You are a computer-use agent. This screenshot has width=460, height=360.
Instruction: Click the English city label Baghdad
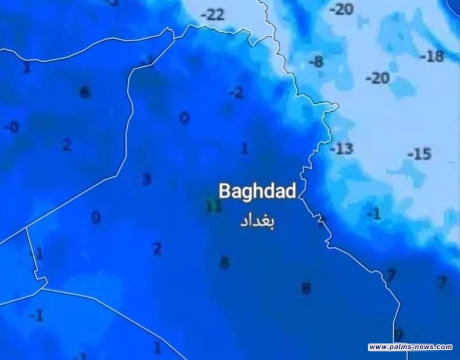pyautogui.click(x=257, y=191)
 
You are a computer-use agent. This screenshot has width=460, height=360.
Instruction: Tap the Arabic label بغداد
pyautogui.click(x=257, y=221)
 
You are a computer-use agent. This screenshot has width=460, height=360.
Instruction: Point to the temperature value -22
pyautogui.click(x=212, y=15)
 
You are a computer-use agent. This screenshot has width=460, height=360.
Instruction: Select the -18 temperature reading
pyautogui.click(x=431, y=56)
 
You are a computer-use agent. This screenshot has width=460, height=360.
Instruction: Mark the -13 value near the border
pyautogui.click(x=341, y=149)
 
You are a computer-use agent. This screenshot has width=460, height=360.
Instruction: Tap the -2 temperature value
pyautogui.click(x=236, y=92)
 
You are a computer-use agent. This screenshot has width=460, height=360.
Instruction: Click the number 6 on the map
pyautogui.click(x=84, y=92)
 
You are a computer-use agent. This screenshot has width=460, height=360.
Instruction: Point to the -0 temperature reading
pyautogui.click(x=11, y=127)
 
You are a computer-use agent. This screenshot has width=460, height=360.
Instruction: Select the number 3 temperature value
pyautogui.click(x=147, y=179)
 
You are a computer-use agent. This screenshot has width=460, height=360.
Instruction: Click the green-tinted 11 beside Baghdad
pyautogui.click(x=213, y=206)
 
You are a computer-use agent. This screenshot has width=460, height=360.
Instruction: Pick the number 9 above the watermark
pyautogui.click(x=398, y=334)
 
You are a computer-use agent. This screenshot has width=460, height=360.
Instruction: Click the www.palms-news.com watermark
pyautogui.click(x=410, y=347)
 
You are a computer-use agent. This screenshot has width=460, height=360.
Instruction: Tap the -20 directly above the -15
pyautogui.click(x=377, y=78)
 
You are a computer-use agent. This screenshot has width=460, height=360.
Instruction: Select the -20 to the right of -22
pyautogui.click(x=341, y=9)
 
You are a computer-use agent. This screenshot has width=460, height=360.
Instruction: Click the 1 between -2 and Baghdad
pyautogui.click(x=244, y=149)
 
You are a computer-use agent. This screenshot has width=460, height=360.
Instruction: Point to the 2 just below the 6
pyautogui.click(x=67, y=145)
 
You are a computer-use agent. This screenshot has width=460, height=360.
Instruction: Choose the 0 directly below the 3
pyautogui.click(x=96, y=217)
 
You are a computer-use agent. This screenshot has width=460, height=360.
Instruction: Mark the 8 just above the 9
pyautogui.click(x=306, y=289)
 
